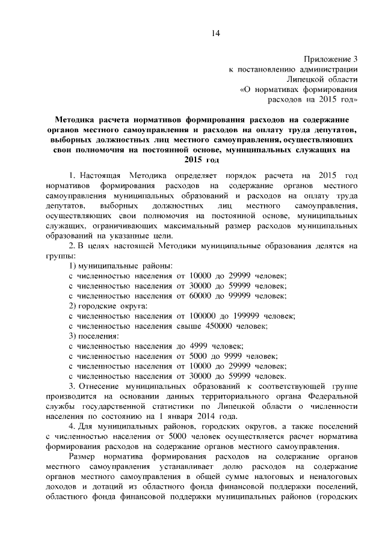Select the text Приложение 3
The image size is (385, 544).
[x=330, y=59]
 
